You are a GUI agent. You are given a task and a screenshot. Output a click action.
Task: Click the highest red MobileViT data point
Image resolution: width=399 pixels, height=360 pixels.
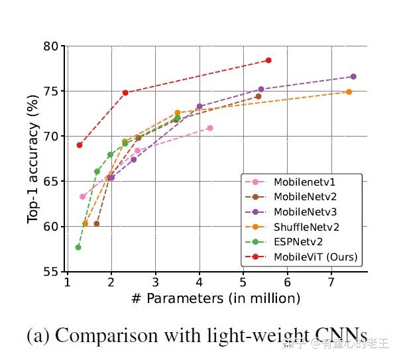click(268, 60)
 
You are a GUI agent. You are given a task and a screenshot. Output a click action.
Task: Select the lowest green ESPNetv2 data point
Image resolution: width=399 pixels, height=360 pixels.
click(78, 247)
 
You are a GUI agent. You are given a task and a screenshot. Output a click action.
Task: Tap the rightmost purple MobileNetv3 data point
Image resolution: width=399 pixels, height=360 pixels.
click(353, 77)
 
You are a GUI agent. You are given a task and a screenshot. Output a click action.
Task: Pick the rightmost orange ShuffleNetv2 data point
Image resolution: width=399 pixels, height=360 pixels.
click(349, 91)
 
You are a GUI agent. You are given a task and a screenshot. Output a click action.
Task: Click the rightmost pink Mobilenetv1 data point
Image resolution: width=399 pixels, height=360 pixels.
click(210, 128)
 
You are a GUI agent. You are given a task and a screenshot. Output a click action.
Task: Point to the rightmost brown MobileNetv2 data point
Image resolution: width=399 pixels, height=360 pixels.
click(258, 96)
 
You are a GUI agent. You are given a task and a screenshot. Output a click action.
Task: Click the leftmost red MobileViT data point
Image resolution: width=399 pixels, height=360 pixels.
click(80, 145)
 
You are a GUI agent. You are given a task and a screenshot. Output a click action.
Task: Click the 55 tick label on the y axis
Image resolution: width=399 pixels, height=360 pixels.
click(51, 272)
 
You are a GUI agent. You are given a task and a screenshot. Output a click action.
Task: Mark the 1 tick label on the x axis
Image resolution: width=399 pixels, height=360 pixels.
click(67, 282)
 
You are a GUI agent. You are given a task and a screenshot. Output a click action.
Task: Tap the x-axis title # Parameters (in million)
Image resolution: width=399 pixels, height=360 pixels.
click(215, 298)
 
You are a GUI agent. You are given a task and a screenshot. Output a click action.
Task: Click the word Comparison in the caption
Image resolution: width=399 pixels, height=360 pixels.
click(97, 335)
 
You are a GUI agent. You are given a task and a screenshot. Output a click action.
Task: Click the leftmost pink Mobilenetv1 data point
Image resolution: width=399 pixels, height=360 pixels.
click(83, 196)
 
